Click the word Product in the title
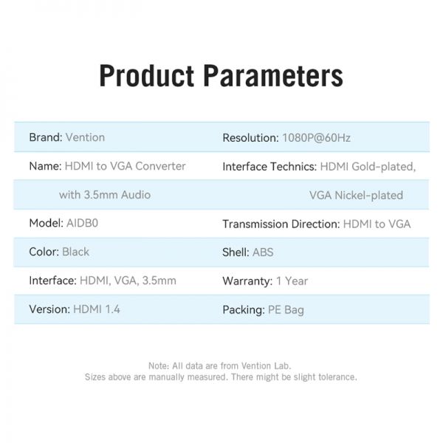pos(147,75)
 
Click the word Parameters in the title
pos(273,75)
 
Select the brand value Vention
pos(85,137)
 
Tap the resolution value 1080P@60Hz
pos(317,138)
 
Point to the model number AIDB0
pos(82,223)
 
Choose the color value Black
pos(75,252)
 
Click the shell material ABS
pos(263,253)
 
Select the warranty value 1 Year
pos(292,281)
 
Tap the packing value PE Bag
pos(286,310)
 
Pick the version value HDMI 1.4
pos(97,309)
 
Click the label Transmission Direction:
pos(281,224)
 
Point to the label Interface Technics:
pos(269,167)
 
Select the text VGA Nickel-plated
pos(356,195)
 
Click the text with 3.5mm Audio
pos(105,195)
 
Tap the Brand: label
pos(46,137)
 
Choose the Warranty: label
pos(247,281)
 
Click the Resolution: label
pos(250,138)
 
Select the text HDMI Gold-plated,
pos(368,167)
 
